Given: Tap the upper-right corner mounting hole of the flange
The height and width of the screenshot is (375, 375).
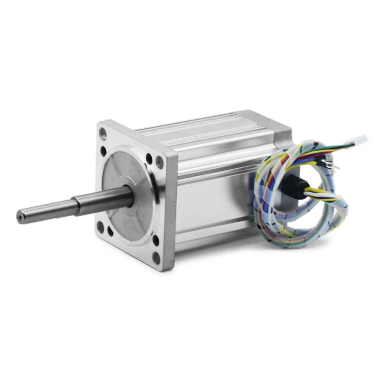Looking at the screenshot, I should pyautogui.click(x=159, y=162).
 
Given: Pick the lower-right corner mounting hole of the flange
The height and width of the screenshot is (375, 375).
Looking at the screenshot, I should pyautogui.click(x=156, y=256).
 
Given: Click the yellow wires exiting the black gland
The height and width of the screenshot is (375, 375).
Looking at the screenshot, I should pyautogui.click(x=316, y=192).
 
